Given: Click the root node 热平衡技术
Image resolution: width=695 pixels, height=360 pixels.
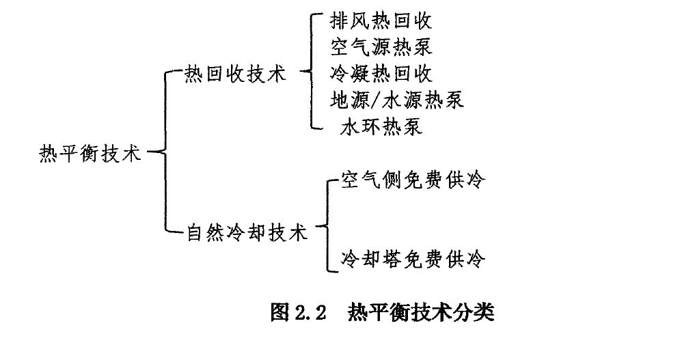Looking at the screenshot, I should coord(90,154).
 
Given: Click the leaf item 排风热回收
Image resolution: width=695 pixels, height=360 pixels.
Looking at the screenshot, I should coord(381,20).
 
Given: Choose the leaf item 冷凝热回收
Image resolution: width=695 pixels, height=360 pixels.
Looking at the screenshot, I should coord(381,73).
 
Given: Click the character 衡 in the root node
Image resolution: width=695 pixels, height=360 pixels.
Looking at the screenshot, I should coord(89,154).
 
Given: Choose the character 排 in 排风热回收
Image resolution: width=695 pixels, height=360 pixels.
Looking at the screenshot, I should coord(340,20).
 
